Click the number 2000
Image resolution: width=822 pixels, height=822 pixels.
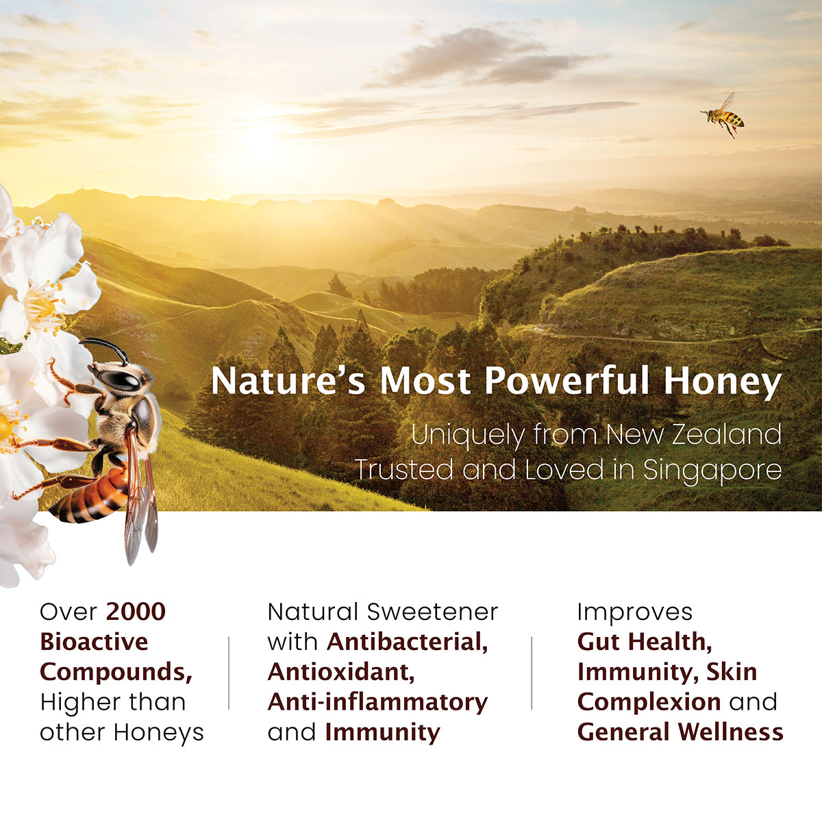coord(136,612)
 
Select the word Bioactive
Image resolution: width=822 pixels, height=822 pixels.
coord(94,642)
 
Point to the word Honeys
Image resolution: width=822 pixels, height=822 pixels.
coord(159,732)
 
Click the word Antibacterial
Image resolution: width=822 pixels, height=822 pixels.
coord(408,642)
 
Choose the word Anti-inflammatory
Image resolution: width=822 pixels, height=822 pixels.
coord(377,702)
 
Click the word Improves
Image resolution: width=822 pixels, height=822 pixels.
coord(634,612)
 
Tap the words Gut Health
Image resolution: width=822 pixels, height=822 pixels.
coord(645,642)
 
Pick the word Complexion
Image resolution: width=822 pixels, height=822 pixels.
coord(649,702)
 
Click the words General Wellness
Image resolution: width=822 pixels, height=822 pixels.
coord(680,732)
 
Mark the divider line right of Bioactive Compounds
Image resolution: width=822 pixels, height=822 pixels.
coord(229,673)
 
